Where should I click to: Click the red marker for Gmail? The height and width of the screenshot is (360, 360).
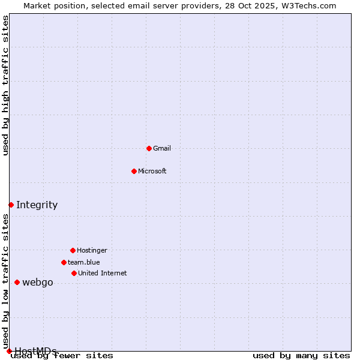point(149,148)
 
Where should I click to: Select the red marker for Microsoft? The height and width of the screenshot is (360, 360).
point(134,171)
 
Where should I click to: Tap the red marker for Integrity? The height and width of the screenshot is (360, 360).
point(11,205)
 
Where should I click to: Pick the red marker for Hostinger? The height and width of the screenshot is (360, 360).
point(73,250)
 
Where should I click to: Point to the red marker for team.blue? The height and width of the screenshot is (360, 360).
point(64,262)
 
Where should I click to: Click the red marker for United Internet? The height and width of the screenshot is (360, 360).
point(74,273)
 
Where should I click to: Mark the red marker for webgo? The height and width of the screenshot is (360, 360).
point(17,282)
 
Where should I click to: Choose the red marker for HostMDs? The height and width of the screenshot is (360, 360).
point(9,351)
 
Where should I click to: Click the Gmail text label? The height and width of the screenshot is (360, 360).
point(162,148)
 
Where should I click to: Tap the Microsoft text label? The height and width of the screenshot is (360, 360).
point(152,171)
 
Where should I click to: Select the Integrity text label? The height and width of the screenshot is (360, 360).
point(37,205)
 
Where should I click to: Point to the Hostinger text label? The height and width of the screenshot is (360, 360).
point(92,250)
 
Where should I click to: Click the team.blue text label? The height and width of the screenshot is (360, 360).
point(84,262)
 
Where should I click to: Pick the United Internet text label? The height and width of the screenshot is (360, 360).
point(103,273)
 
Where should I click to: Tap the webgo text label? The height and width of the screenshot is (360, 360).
point(38,283)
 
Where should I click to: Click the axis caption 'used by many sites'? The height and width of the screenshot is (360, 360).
point(301,356)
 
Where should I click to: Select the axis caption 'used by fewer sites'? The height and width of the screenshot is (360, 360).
point(62,356)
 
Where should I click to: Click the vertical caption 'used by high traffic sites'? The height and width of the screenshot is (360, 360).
point(5,86)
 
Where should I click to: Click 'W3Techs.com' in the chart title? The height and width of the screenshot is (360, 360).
point(309,5)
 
